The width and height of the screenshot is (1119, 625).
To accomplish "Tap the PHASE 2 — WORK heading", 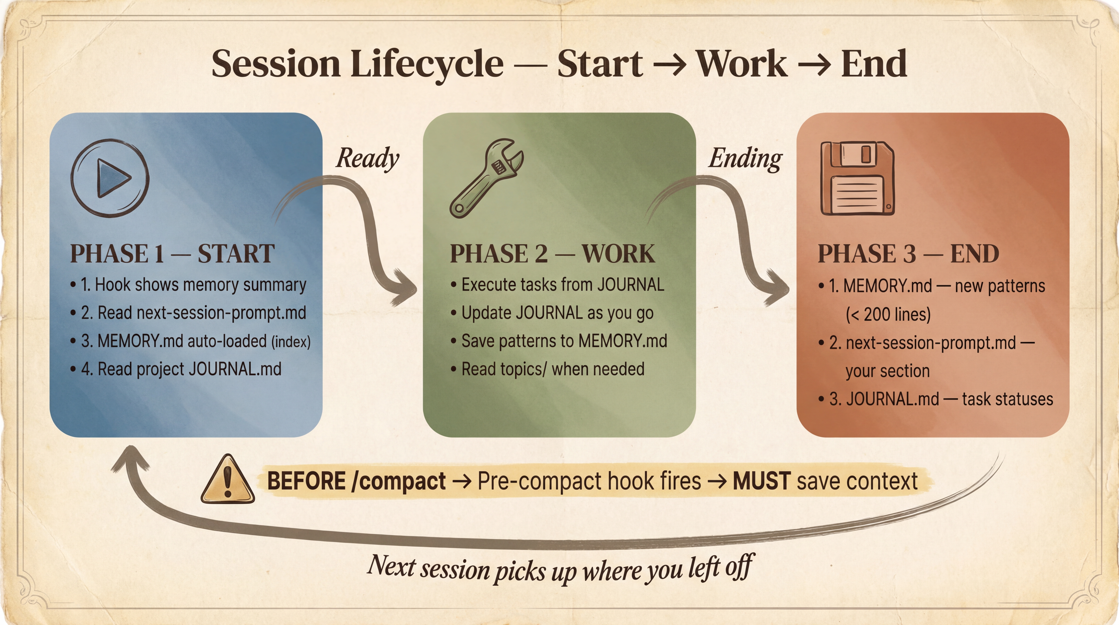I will pos(552,254).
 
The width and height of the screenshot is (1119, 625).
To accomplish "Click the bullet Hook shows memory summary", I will pos(193,285).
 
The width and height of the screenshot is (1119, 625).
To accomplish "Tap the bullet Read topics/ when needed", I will pos(553,369).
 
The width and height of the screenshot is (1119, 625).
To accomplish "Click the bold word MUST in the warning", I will pos(761,481).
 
